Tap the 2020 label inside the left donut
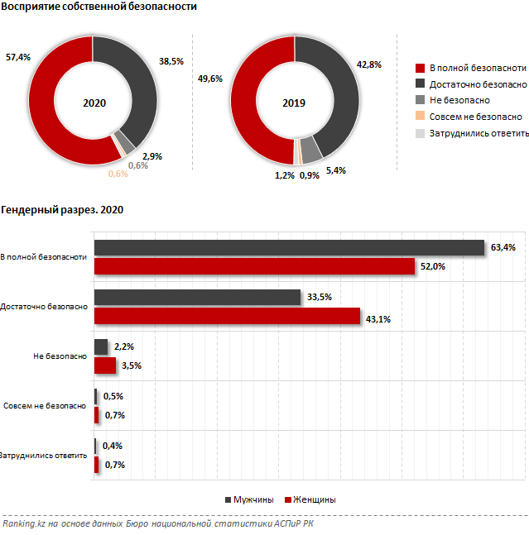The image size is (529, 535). (94, 103)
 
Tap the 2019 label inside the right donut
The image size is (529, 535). (294, 103)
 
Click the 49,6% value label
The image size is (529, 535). (211, 79)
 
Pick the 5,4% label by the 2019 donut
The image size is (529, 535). (336, 170)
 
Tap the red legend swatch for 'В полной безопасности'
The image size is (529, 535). (420, 68)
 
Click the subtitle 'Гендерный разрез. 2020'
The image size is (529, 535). (62, 210)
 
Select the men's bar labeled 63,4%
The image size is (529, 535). (289, 247)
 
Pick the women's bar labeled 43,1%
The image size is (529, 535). (228, 316)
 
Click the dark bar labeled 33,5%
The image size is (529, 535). (197, 298)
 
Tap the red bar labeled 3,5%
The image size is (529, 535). (105, 365)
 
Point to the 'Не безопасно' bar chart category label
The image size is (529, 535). (60, 356)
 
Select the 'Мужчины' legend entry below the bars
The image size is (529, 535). (253, 499)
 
